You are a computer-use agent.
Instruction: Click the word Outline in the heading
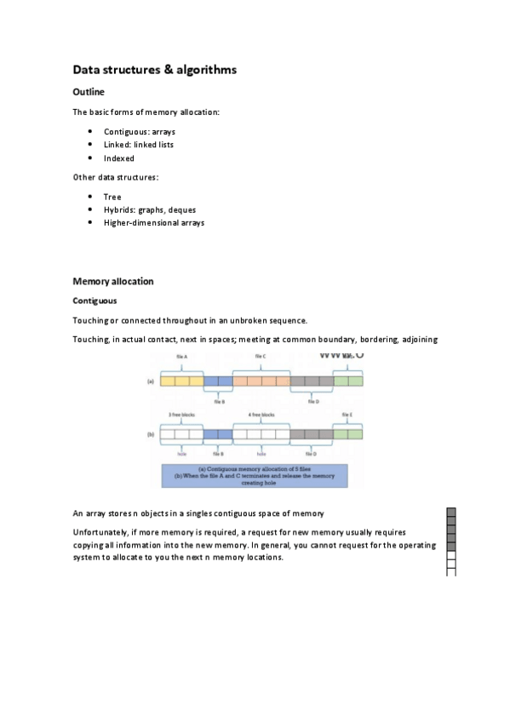[89, 92]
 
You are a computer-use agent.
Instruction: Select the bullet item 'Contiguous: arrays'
[140, 132]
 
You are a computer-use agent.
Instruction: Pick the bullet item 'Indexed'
[119, 158]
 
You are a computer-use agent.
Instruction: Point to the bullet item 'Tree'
[112, 197]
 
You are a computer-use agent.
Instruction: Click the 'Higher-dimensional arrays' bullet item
[154, 222]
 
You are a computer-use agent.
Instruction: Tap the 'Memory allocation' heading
[113, 281]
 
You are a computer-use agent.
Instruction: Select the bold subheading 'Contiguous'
[95, 301]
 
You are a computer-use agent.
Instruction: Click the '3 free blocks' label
[181, 414]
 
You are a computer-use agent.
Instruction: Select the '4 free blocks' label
[261, 414]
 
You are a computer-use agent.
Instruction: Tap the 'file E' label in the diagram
[347, 414]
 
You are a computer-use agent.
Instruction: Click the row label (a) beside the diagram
[152, 382]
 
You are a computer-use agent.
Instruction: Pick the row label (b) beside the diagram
[152, 434]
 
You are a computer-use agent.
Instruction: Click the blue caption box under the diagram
[255, 475]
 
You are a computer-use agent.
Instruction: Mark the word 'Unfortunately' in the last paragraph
[99, 532]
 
